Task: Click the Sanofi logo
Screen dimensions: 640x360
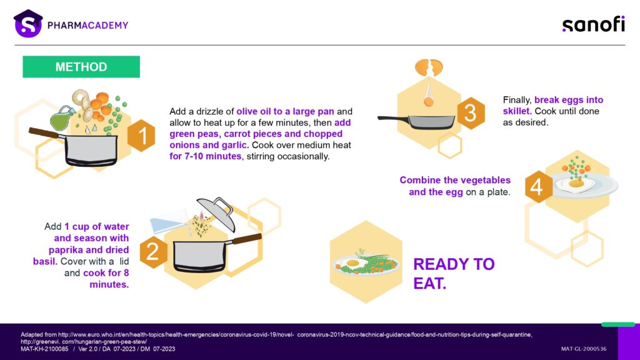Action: pos(594,24)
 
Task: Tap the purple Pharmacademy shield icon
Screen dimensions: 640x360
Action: pos(27,24)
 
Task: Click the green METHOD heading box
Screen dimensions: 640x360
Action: pos(81,66)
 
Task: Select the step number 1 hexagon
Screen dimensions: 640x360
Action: pos(141,136)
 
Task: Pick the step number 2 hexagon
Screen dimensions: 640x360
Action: pos(154,252)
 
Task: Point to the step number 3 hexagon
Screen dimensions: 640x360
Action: pos(471,113)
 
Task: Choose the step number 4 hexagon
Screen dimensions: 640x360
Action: pos(538,186)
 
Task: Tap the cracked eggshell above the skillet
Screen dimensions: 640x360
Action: pos(429,67)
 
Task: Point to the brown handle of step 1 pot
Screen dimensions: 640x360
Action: pos(44,132)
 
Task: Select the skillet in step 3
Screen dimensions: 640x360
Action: pos(416,122)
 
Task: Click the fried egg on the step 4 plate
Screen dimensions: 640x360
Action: pos(576,184)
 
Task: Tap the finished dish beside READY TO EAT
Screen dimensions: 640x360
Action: pos(366,264)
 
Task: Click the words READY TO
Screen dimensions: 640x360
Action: pos(454,264)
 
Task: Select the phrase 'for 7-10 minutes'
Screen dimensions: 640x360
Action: pos(205,156)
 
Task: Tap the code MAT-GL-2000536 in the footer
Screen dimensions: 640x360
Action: pos(584,349)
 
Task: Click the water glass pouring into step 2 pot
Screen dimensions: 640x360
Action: pos(169,221)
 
